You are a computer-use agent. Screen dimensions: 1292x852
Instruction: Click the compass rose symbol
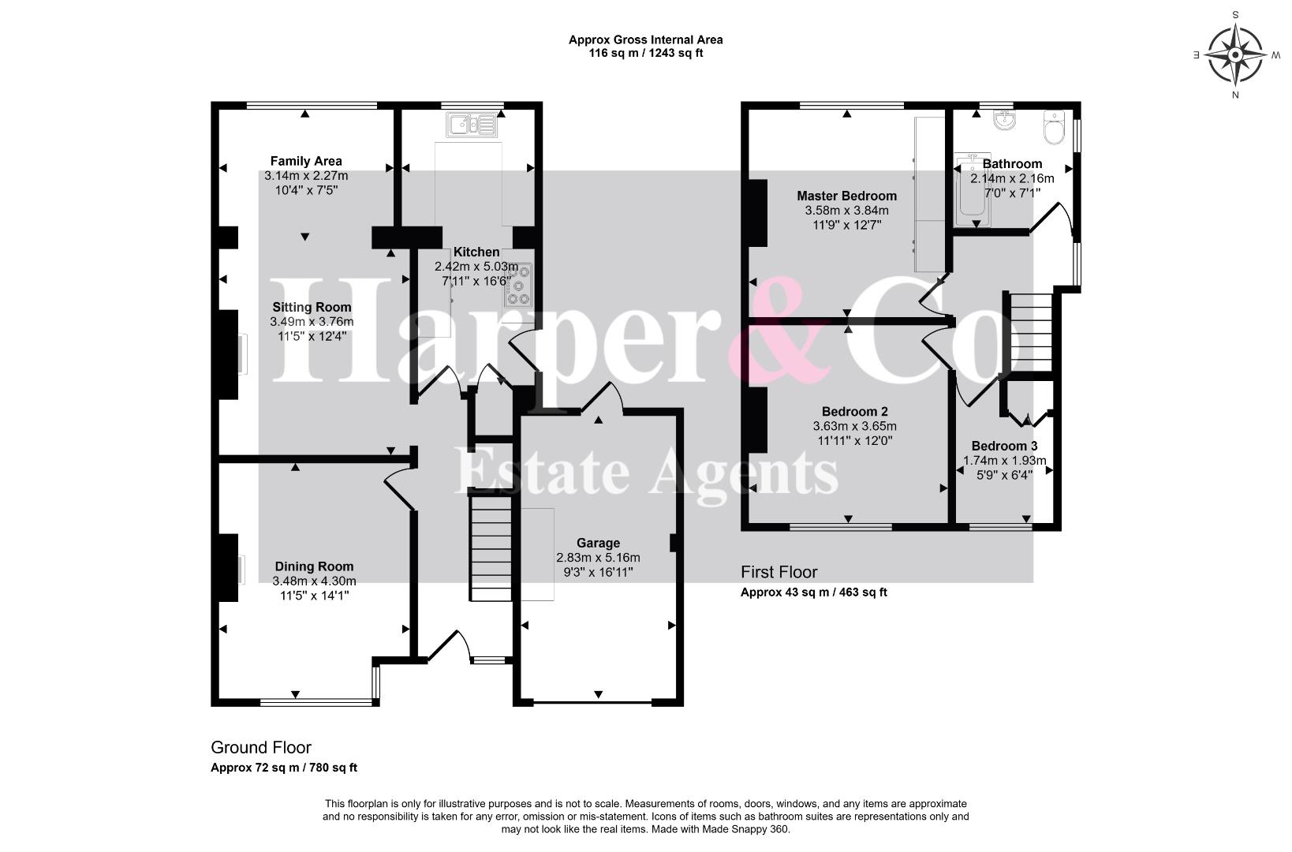pos(1235,54)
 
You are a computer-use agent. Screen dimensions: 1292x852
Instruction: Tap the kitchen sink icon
pos(471,125)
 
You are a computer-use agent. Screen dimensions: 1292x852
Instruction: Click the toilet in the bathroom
pos(1055,127)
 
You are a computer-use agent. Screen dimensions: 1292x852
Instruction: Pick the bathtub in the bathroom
pos(973,190)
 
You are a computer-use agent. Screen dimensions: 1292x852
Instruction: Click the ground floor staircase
pos(491,548)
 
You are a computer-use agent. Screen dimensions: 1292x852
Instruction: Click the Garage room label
pos(598,543)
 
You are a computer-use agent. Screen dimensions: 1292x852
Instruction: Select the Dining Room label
pos(314,566)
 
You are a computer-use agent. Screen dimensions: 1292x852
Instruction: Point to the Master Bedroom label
pos(846,196)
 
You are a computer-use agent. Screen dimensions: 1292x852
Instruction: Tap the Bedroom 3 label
pos(1004,446)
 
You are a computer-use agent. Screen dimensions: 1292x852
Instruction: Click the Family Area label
pos(306,161)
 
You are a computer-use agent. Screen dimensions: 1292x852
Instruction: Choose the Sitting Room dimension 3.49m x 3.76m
pos(312,321)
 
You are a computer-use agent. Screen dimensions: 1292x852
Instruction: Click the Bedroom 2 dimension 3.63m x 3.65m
pos(855,426)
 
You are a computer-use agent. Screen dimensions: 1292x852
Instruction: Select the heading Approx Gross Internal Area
pos(645,39)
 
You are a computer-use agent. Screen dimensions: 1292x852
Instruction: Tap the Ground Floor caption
pos(261,748)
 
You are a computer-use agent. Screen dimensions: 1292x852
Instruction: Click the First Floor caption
pos(779,572)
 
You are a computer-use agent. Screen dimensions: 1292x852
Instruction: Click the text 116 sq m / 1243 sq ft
pos(645,54)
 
